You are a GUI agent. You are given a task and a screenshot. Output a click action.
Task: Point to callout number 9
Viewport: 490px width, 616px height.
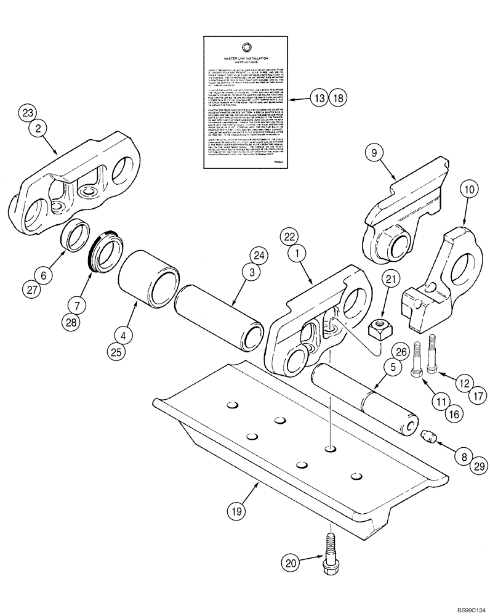371,152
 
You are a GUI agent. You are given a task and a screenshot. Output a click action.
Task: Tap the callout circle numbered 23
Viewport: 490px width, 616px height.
26,113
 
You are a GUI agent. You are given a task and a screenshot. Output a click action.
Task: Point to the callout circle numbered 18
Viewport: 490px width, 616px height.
338,97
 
